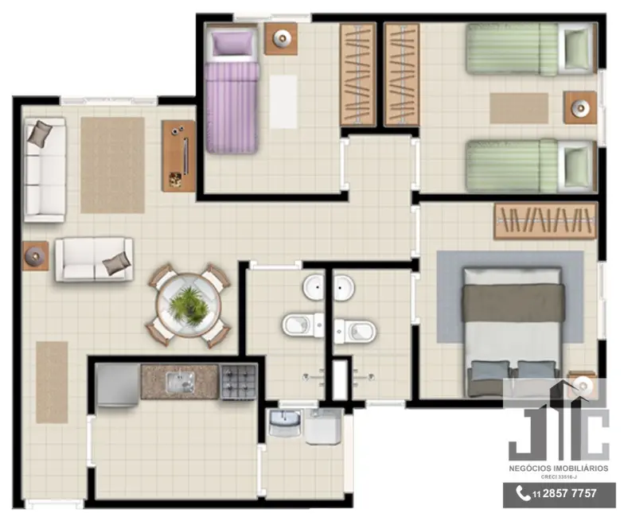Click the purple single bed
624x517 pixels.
231,94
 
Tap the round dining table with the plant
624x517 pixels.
189,305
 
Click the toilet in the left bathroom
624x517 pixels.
301,325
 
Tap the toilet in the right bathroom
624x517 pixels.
354,328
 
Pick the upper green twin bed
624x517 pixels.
528,48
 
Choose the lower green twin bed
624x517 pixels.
528,165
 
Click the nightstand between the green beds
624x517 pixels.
580,107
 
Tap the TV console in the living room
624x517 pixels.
178,155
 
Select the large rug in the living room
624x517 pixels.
112,165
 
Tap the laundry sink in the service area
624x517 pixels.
284,423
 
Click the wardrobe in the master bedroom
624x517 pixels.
545,220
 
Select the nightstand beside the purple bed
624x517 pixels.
281,37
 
